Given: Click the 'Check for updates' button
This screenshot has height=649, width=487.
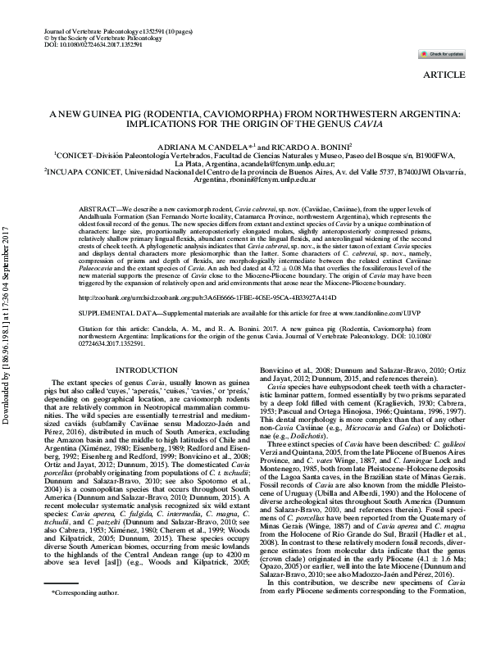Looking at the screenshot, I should pos(444,53).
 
